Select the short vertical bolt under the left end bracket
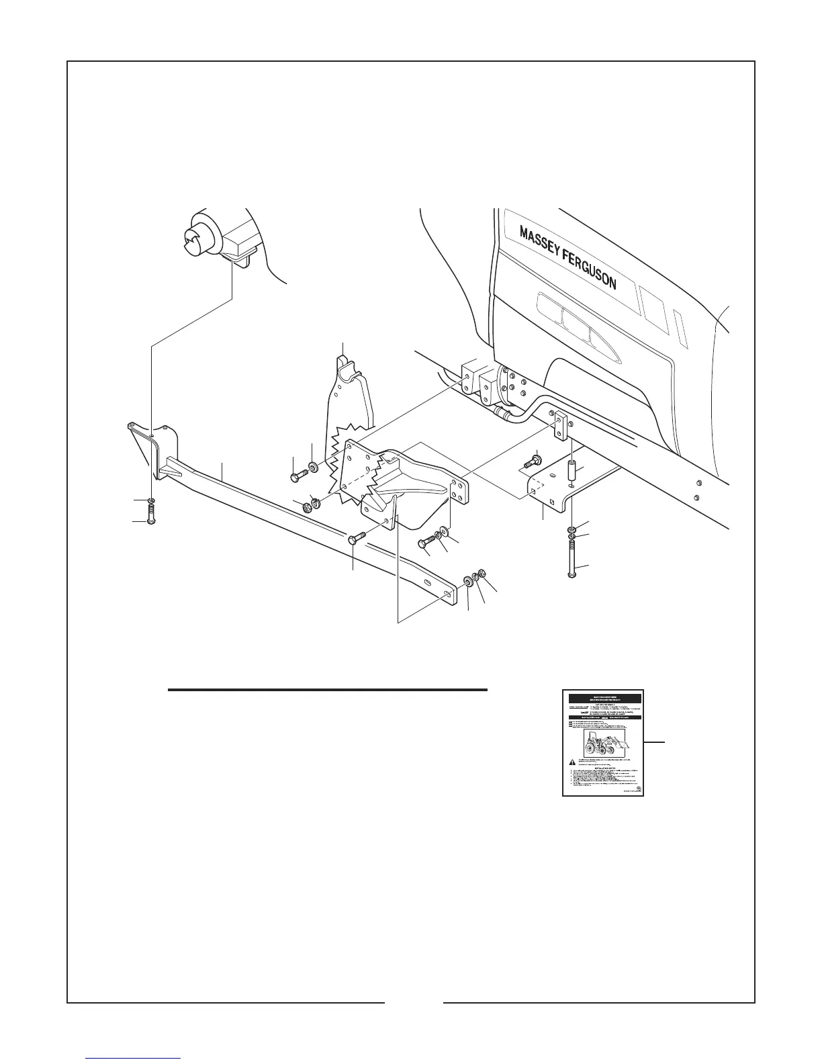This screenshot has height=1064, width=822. pyautogui.click(x=150, y=519)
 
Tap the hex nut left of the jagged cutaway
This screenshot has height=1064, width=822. pyautogui.click(x=308, y=505)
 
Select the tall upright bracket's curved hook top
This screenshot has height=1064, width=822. pyautogui.click(x=347, y=366)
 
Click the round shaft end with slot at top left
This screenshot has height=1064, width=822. pyautogui.click(x=199, y=232)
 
